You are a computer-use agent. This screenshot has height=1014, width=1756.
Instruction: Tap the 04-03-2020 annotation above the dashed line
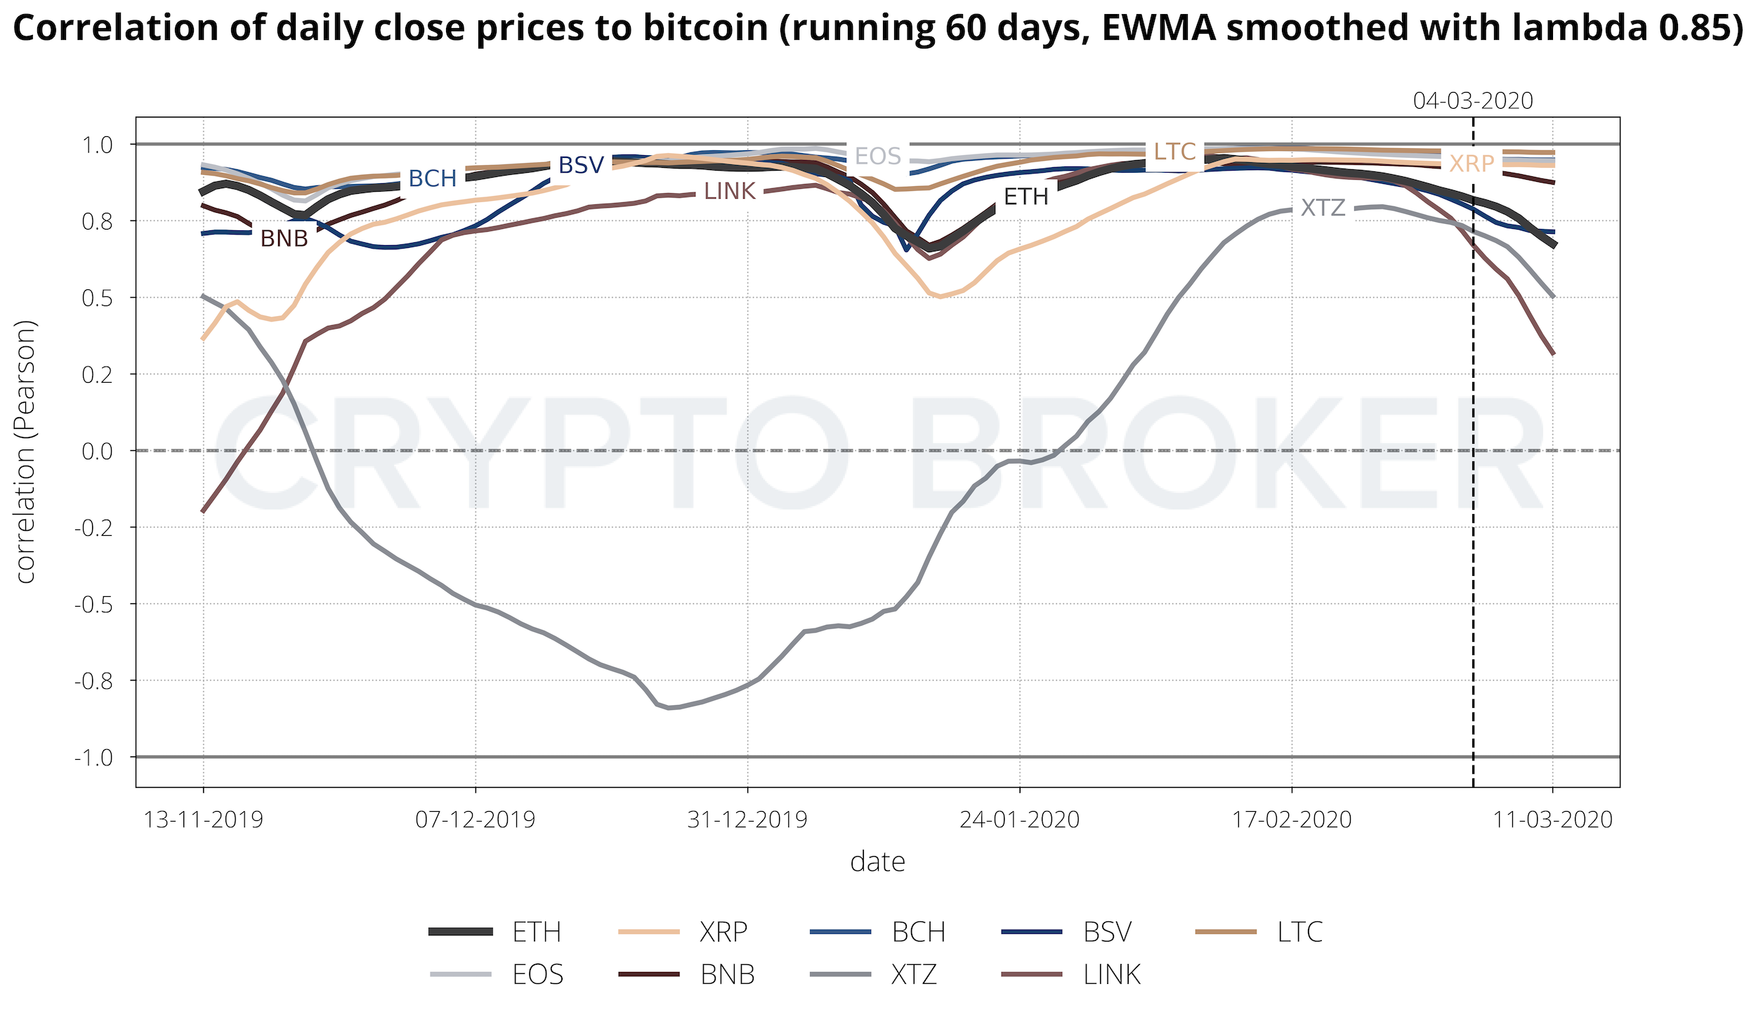click(x=1473, y=101)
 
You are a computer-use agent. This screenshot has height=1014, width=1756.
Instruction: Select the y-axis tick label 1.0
click(x=98, y=145)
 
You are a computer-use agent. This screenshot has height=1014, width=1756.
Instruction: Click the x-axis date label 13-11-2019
click(x=204, y=819)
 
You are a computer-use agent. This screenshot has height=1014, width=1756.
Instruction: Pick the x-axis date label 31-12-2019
click(x=747, y=819)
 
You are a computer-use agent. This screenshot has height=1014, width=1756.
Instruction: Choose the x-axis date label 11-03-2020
click(x=1552, y=819)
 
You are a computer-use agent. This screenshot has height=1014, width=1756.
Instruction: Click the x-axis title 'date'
click(x=877, y=862)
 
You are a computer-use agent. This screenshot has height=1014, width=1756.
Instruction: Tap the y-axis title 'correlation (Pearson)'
click(x=25, y=452)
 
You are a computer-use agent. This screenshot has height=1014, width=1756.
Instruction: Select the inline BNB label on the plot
click(x=284, y=239)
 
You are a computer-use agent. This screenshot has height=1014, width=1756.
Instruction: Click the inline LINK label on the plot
click(x=730, y=191)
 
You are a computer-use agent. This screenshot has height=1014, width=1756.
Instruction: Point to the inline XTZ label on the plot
click(x=1323, y=208)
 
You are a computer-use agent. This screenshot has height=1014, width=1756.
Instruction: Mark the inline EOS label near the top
click(x=878, y=156)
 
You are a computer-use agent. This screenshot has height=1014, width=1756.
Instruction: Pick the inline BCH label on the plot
click(x=433, y=179)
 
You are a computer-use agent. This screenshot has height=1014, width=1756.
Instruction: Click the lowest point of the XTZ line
click(x=669, y=708)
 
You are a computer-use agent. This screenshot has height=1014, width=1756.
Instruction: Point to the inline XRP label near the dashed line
click(x=1472, y=164)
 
